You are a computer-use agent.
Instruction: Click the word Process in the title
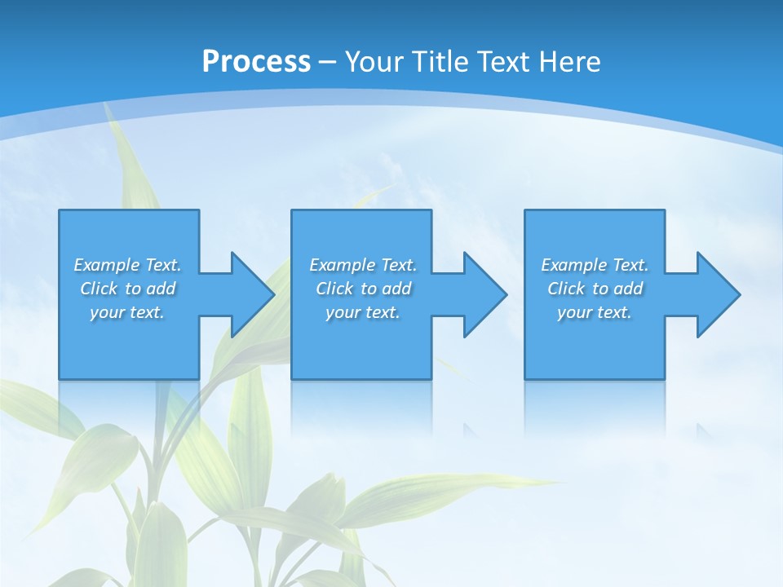click(x=256, y=62)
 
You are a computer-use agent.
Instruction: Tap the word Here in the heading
click(x=568, y=62)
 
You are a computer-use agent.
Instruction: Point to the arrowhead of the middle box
click(x=484, y=294)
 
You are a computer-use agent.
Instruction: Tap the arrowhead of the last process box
click(x=717, y=294)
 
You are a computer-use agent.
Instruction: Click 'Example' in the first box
click(x=107, y=265)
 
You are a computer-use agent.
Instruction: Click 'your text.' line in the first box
click(x=127, y=312)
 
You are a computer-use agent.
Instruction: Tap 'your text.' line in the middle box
click(x=362, y=312)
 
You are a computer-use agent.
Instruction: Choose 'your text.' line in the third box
click(x=594, y=312)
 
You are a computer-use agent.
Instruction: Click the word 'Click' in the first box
click(x=99, y=289)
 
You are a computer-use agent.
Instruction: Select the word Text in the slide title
click(x=502, y=62)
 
